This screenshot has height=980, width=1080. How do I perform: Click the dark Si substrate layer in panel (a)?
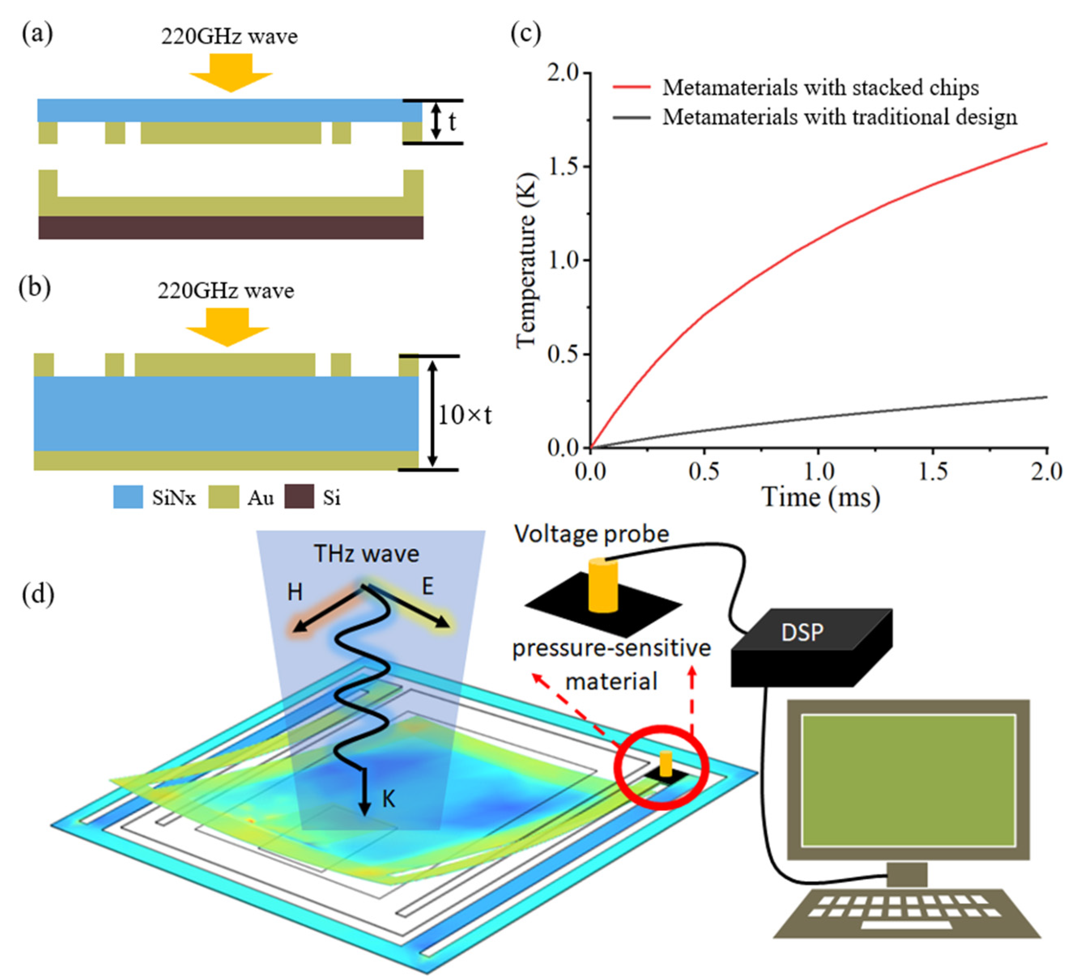(x=231, y=227)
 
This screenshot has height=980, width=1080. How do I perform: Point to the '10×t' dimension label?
(x=464, y=415)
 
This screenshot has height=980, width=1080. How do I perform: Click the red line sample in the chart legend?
(x=631, y=87)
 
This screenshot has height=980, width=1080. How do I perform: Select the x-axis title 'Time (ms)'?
(x=821, y=497)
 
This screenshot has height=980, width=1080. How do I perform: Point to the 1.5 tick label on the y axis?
(x=563, y=167)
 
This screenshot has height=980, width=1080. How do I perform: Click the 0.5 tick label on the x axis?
(x=704, y=472)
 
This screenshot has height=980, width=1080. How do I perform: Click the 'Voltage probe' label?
(x=591, y=534)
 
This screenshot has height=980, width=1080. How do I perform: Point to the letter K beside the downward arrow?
(x=388, y=800)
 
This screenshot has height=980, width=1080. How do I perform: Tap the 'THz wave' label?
(x=366, y=554)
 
